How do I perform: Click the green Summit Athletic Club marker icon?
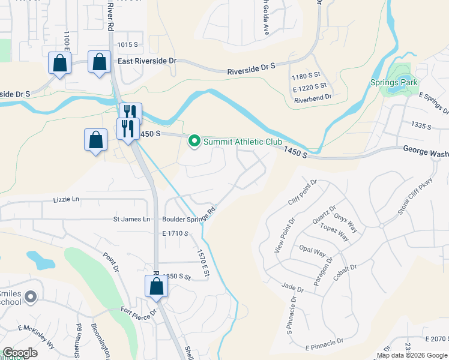[194, 142]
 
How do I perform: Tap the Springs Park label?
[394, 82]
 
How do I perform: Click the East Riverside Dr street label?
[147, 61]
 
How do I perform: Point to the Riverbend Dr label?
[313, 97]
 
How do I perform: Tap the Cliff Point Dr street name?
[302, 192]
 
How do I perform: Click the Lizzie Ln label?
[66, 199]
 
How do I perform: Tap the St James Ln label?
[131, 220]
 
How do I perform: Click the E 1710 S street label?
[175, 233]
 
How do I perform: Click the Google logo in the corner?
[20, 353]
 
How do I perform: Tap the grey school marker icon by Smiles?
[31, 296]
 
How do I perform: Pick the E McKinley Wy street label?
[37, 337]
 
